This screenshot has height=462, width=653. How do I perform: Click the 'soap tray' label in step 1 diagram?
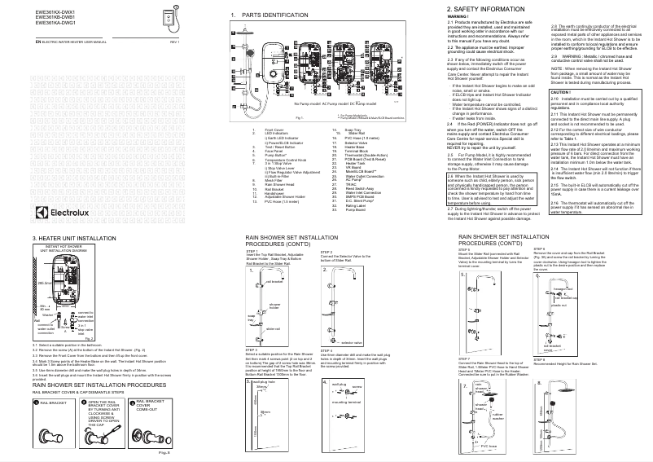point(251,316)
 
